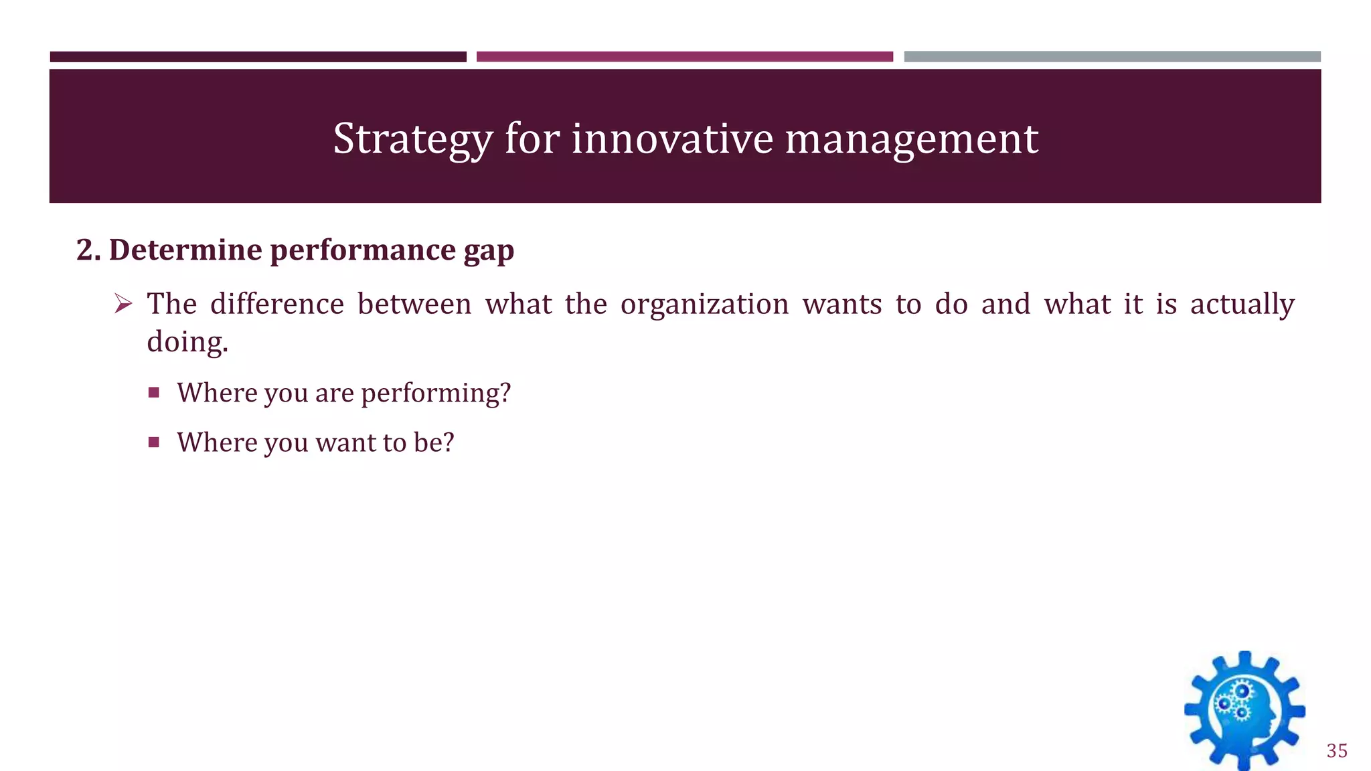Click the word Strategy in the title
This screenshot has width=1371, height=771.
click(x=412, y=139)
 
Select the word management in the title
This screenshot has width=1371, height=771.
click(x=911, y=139)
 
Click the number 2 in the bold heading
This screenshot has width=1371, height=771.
click(x=84, y=250)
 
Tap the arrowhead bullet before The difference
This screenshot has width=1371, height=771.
click(x=123, y=304)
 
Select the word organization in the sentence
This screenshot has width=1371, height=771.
click(x=704, y=305)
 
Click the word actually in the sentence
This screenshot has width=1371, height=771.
click(x=1242, y=305)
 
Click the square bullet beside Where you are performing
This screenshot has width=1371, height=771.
click(x=154, y=392)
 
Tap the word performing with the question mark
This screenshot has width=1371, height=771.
click(x=435, y=394)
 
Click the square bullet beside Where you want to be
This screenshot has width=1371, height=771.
click(x=154, y=442)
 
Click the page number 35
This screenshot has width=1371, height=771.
click(x=1336, y=750)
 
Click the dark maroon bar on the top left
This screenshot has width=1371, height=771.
click(x=258, y=57)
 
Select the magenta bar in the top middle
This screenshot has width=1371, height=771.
click(x=684, y=57)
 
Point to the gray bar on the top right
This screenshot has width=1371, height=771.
click(x=1112, y=57)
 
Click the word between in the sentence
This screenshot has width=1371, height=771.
click(x=414, y=305)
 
